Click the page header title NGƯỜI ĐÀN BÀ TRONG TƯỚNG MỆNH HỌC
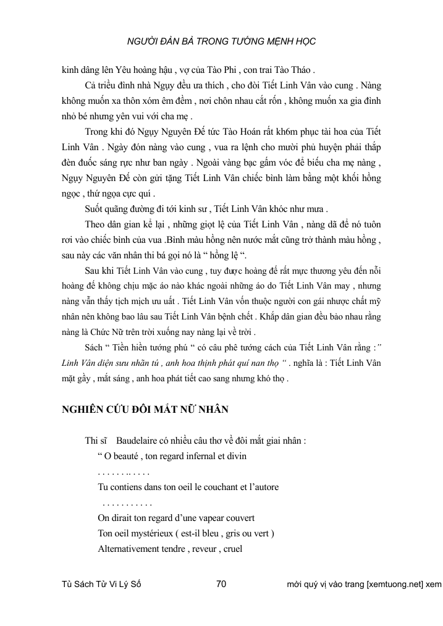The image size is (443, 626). coord(221,41)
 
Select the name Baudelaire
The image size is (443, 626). coord(142,441)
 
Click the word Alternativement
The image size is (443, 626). coord(132,548)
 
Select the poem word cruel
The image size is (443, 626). coord(230,548)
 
